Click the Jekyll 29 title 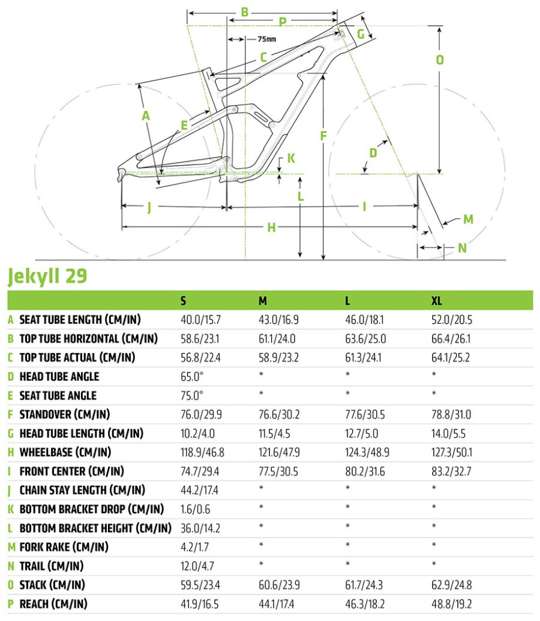(x=47, y=276)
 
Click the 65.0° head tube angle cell (x=192, y=377)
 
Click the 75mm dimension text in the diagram (x=266, y=40)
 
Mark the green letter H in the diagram (x=271, y=228)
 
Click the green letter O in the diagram (x=440, y=60)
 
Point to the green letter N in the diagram (x=461, y=247)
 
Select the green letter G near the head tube (x=361, y=34)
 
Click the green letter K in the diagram (x=291, y=159)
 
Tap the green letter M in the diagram (x=468, y=219)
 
